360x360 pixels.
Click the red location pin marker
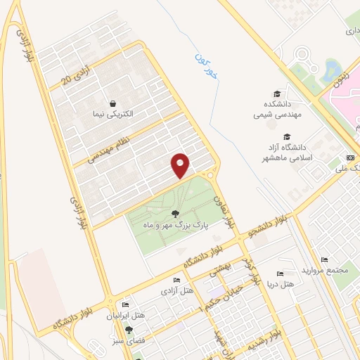click(181, 165)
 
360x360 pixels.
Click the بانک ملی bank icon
click(350, 157)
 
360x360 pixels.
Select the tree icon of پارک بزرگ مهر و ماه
click(174, 214)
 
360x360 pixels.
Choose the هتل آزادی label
click(176, 290)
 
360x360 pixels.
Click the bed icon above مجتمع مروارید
click(324, 259)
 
